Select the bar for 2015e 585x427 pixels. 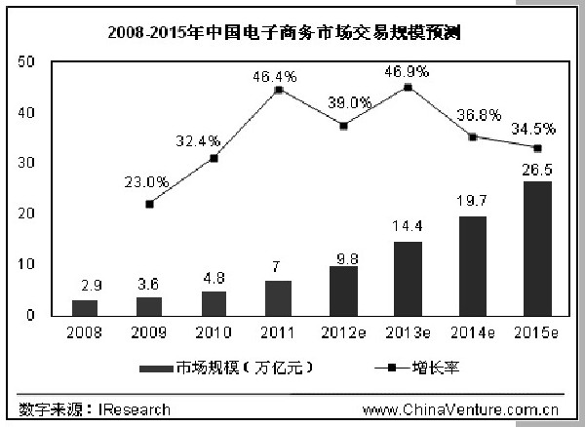coord(537,249)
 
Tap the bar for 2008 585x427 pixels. coord(85,307)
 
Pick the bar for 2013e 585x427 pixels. coord(409,279)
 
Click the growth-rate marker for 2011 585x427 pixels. coord(279,90)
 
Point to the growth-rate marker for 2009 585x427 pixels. coord(149,204)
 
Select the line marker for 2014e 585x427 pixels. coord(473,136)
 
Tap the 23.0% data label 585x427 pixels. coord(147,181)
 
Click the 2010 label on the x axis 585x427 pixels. coord(214,332)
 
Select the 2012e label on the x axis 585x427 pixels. coord(344,332)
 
